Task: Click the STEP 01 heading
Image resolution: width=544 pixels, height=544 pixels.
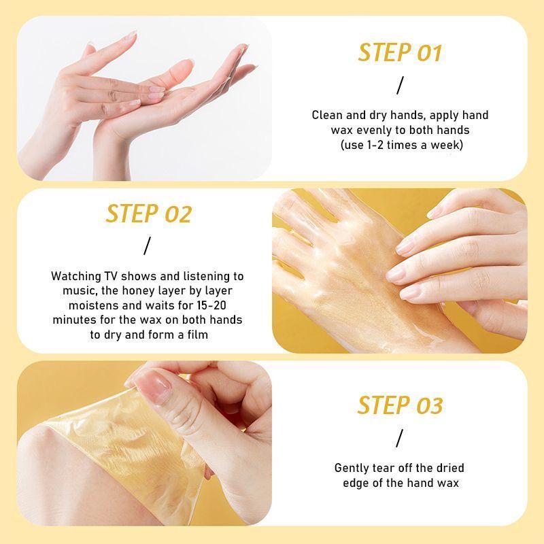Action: (400, 52)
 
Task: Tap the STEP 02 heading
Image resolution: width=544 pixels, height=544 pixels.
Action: (148, 214)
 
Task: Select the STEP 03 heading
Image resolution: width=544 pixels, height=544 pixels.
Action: (400, 405)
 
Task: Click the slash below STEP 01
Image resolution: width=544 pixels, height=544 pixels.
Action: (400, 85)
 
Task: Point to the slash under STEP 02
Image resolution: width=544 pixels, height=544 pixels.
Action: (147, 245)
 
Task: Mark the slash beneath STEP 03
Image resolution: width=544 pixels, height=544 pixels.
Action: (400, 437)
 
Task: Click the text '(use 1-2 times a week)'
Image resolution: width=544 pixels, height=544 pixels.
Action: (400, 144)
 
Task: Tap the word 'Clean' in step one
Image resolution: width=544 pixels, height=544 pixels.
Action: (327, 115)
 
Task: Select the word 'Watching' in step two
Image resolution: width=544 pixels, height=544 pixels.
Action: (74, 277)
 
